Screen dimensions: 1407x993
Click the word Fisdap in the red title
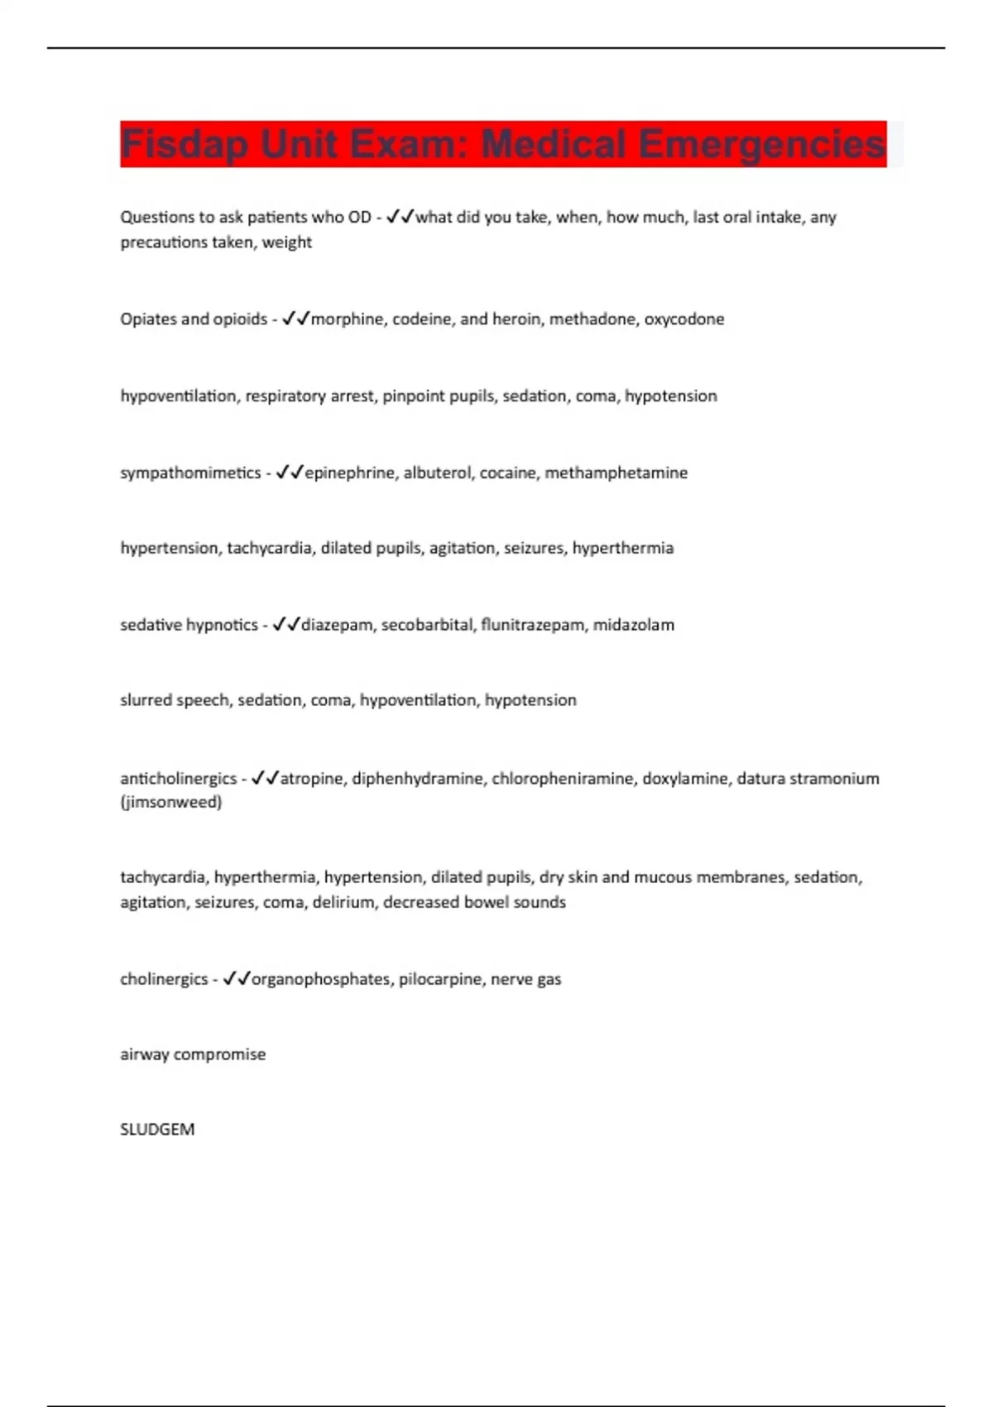point(184,145)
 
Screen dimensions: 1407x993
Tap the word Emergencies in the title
point(761,145)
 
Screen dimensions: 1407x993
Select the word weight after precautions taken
point(287,243)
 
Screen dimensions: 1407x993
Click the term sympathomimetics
point(190,473)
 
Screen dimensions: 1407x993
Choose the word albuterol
point(438,473)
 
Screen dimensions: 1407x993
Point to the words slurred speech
point(175,700)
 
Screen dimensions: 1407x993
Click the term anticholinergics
point(178,779)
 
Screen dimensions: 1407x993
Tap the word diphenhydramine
point(418,779)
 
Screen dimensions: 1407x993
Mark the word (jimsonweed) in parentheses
point(171,802)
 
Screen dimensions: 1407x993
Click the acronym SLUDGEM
point(157,1130)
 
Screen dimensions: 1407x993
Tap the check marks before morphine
point(295,319)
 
